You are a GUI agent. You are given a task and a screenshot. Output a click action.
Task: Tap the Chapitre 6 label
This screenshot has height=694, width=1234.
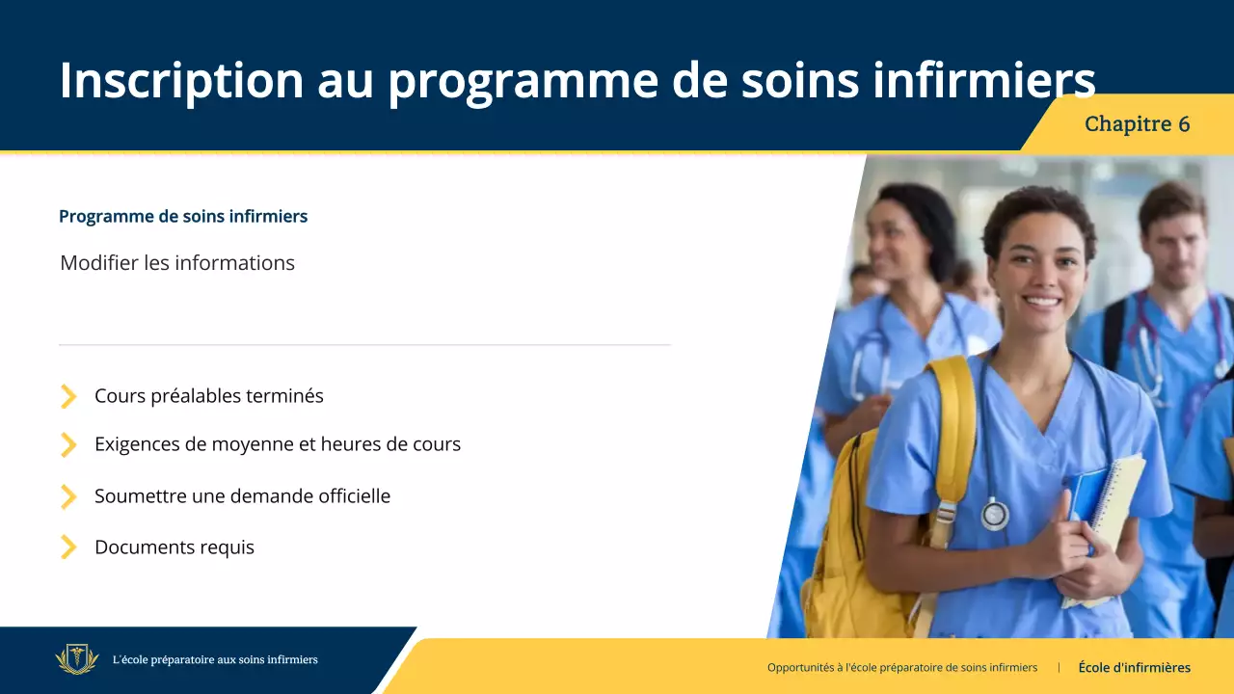pos(1137,124)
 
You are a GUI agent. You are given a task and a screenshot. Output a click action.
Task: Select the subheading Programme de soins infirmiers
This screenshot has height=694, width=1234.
pos(183,216)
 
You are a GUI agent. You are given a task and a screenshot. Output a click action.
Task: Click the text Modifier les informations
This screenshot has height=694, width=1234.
pos(177,263)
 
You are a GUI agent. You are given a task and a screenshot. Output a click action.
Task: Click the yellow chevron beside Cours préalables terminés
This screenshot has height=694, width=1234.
pos(68,396)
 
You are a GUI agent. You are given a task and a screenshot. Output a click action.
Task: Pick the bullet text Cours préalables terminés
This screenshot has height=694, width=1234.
pos(209,396)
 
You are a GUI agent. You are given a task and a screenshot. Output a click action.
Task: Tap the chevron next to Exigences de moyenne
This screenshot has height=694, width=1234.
pos(68,444)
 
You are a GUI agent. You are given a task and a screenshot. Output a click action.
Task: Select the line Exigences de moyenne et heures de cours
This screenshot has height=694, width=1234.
pos(278,444)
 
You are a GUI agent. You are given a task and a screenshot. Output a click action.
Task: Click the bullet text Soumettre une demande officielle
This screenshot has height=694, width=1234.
pos(242,496)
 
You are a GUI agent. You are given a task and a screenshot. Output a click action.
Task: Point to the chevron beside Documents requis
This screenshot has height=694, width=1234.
pos(68,547)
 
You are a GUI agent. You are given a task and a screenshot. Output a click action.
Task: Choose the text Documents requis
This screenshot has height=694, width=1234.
pos(174,547)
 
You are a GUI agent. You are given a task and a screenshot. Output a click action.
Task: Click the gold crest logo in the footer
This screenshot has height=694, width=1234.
pos(77,660)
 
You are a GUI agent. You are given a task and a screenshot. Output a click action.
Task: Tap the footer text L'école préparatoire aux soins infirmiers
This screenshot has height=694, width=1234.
pos(215,660)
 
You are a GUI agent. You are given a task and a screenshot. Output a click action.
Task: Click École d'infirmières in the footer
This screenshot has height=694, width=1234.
pos(1134,667)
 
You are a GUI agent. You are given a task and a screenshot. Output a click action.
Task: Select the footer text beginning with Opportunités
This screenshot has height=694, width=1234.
pos(902,667)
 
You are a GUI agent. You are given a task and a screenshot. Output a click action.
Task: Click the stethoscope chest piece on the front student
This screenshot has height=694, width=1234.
pos(994,514)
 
